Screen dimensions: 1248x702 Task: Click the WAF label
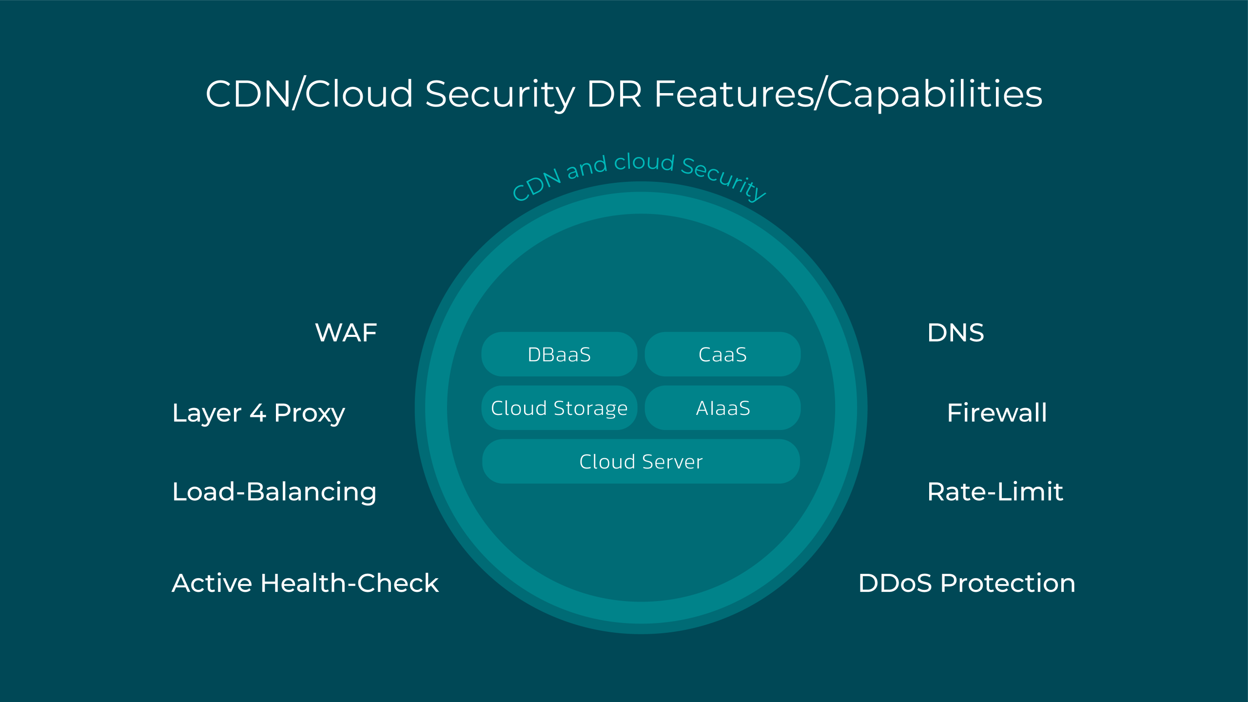pyautogui.click(x=346, y=333)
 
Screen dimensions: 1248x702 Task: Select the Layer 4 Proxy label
pyautogui.click(x=258, y=413)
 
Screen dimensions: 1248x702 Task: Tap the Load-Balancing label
pyautogui.click(x=274, y=492)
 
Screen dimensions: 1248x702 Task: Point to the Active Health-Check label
pyautogui.click(x=305, y=583)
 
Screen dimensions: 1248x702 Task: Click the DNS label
pyautogui.click(x=955, y=333)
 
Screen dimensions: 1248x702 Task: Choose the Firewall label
pyautogui.click(x=997, y=413)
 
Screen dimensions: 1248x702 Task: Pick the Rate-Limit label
pyautogui.click(x=995, y=491)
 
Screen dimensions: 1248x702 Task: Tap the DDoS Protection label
pyautogui.click(x=967, y=583)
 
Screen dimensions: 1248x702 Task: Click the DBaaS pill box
pyautogui.click(x=559, y=354)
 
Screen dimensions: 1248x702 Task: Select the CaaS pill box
pyautogui.click(x=722, y=354)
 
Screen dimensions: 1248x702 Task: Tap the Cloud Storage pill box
pyautogui.click(x=559, y=408)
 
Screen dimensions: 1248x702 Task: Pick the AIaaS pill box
pyautogui.click(x=722, y=408)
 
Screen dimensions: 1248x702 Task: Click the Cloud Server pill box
pyautogui.click(x=641, y=461)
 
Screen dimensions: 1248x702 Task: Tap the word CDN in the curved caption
pyautogui.click(x=537, y=185)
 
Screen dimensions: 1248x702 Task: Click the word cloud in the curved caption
pyautogui.click(x=644, y=162)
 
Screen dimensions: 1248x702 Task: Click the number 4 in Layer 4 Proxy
pyautogui.click(x=258, y=413)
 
